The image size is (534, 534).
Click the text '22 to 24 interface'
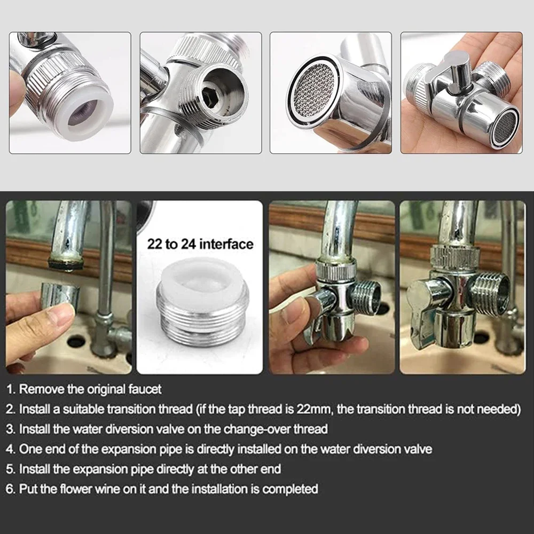[200, 244]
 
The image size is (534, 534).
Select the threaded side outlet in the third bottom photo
[365, 297]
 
